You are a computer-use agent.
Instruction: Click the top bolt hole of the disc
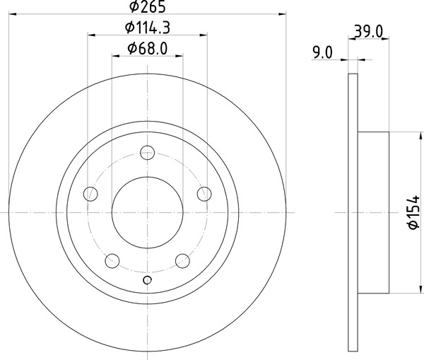(x=148, y=151)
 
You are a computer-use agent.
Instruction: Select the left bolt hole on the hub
(x=90, y=193)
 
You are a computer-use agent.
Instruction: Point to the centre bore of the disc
(x=148, y=211)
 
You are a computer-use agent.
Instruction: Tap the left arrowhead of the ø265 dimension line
(x=14, y=13)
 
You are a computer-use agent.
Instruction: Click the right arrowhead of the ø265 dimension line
(x=281, y=13)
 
